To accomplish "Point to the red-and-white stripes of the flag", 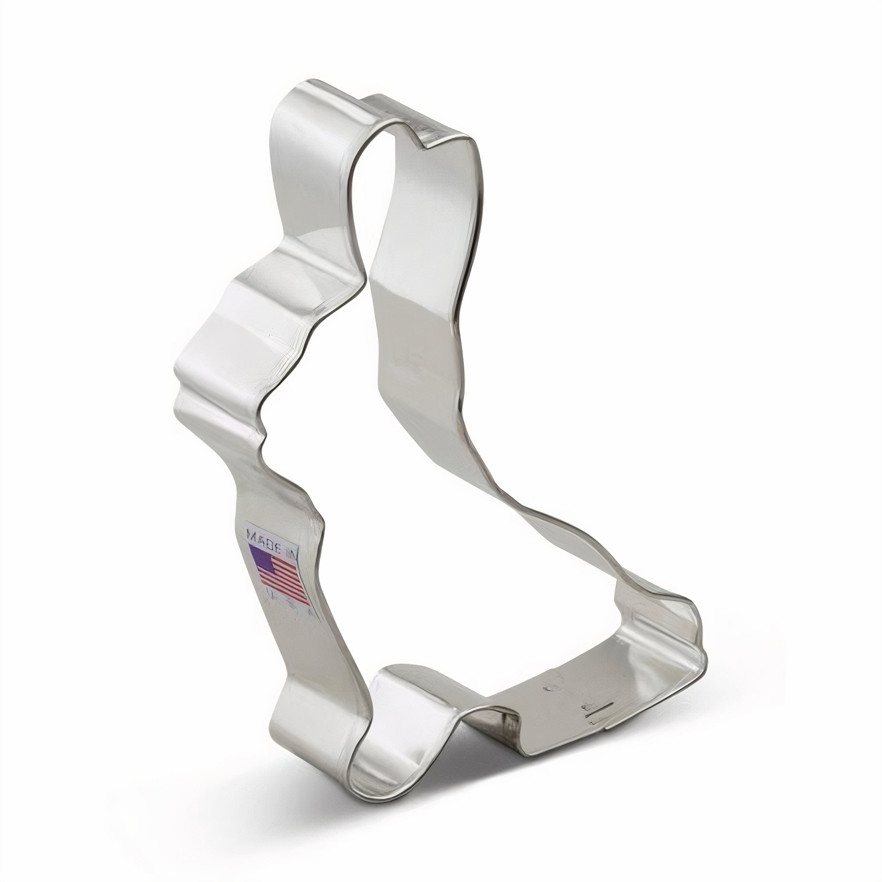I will click(x=285, y=582).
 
